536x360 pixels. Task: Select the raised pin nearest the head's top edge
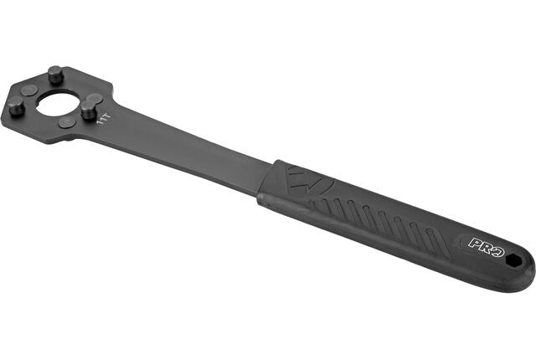(56, 75)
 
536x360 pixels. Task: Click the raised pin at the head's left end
(16, 105)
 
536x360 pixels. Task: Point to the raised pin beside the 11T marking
(90, 109)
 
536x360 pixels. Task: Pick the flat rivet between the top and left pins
(28, 90)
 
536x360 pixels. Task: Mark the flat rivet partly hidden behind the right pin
(95, 99)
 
